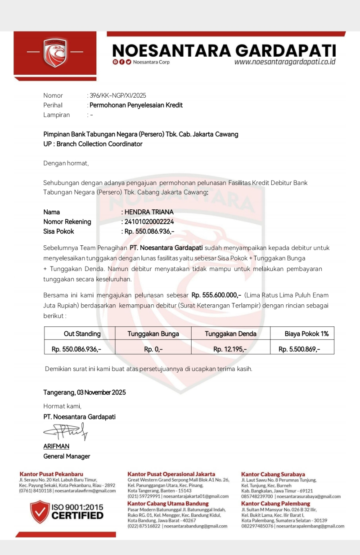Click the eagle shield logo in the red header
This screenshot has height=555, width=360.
[55, 53]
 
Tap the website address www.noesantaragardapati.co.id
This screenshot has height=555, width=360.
[285, 62]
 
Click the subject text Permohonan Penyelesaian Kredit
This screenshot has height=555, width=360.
[136, 105]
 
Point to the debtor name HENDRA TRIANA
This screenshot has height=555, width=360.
[149, 212]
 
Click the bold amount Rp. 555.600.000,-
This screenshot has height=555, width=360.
[216, 295]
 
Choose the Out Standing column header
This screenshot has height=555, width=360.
[82, 334]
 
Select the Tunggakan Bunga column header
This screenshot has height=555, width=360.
[153, 334]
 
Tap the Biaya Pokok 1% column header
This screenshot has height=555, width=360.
[306, 334]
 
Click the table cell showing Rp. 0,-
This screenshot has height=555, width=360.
[153, 349]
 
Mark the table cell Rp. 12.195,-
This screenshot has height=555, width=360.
[230, 349]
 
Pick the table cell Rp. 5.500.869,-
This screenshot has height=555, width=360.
[299, 349]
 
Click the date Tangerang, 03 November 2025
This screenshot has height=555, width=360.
[85, 393]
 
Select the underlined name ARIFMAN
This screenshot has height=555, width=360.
[56, 447]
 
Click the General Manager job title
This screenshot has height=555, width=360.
[67, 456]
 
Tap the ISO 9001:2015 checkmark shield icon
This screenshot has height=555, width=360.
[40, 511]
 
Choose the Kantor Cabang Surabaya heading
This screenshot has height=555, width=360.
[273, 474]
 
